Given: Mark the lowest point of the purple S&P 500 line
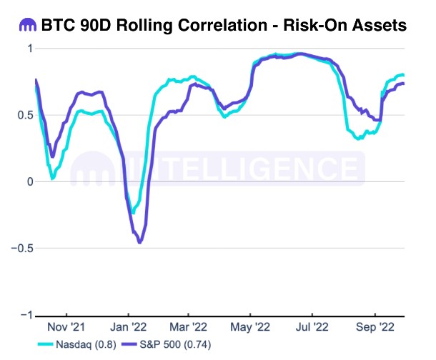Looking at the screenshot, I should [x=139, y=243].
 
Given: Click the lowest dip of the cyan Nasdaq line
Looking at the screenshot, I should [x=133, y=212].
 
